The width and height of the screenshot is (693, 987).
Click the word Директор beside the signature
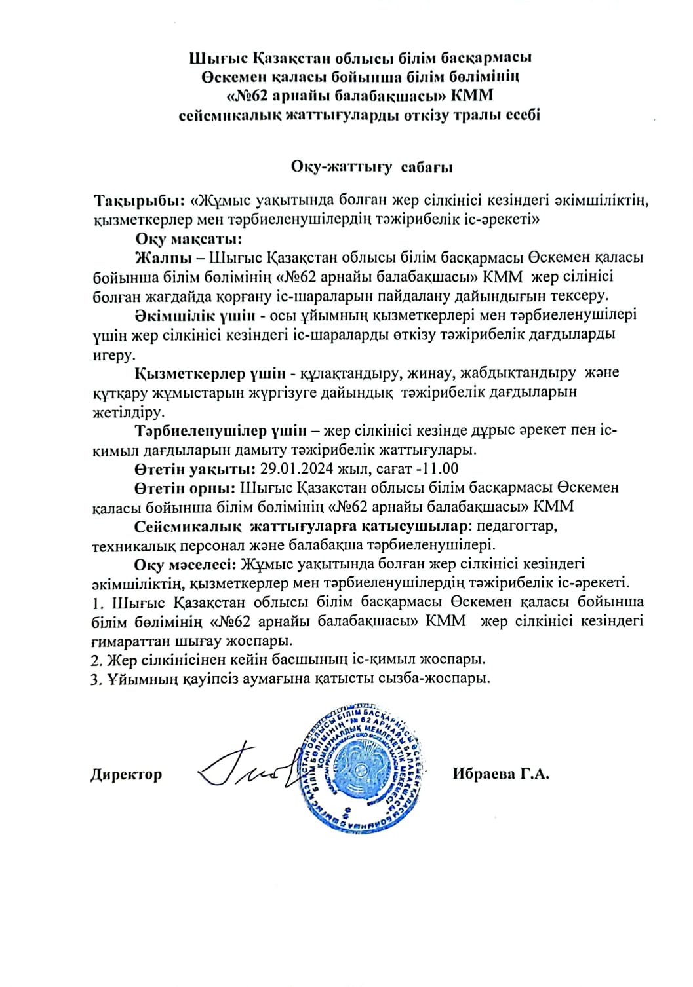pos(126,774)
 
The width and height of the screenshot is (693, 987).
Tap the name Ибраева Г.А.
pos(500,773)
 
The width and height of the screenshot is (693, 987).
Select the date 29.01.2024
pos(298,468)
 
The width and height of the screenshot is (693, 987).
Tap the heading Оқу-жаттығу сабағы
pos(372,166)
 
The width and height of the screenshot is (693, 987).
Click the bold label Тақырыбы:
pos(140,199)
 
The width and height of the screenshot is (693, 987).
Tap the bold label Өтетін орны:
pos(186,487)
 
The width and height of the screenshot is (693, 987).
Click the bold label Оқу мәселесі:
pos(186,563)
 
